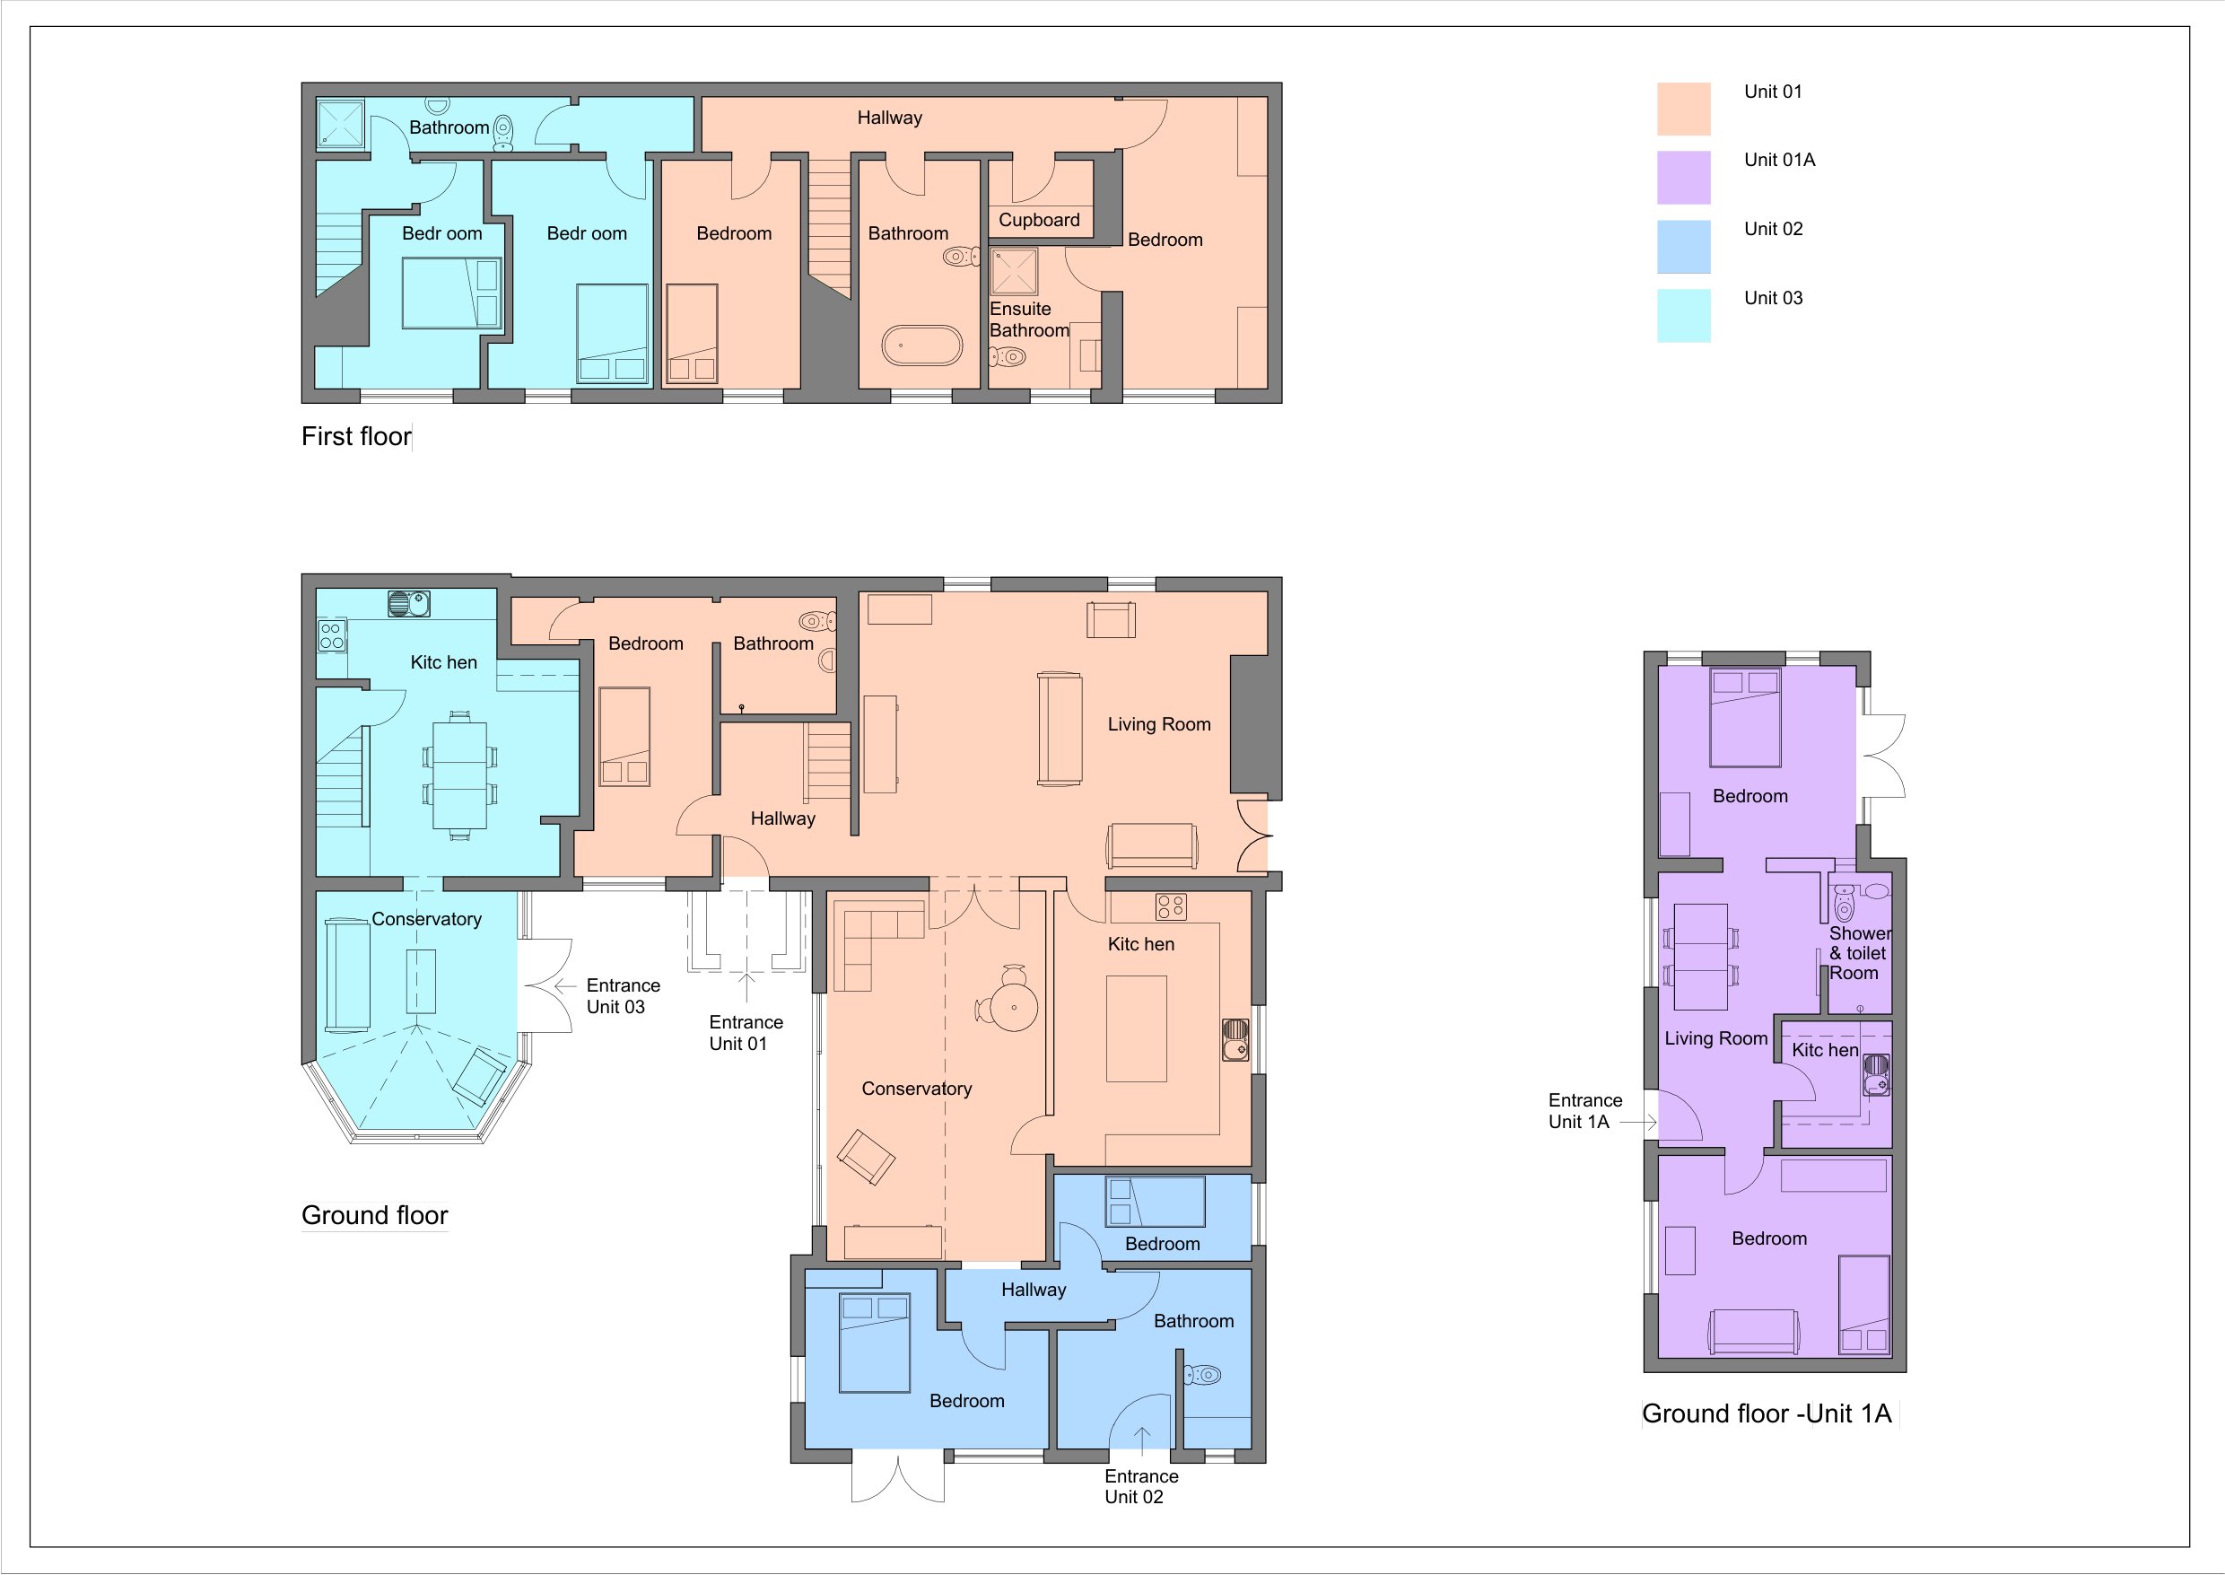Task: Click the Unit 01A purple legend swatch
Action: point(1683,178)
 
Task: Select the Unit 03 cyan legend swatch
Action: point(1683,315)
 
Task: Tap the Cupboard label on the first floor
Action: point(1039,220)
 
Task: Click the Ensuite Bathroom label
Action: point(1029,319)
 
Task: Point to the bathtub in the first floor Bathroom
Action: point(922,346)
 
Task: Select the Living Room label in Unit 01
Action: point(1158,724)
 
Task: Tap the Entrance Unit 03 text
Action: point(623,996)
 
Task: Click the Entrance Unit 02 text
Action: point(1141,1486)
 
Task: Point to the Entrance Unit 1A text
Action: point(1584,1110)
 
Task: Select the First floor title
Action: point(356,436)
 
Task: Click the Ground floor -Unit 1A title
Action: point(1767,1414)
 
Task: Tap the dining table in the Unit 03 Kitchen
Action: point(459,774)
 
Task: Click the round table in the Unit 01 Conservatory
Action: point(1014,1008)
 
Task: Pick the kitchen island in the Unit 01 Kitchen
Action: point(1136,1028)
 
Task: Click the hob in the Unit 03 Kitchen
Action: point(332,636)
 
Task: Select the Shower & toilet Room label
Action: point(1860,953)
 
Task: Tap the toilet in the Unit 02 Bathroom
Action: point(1202,1374)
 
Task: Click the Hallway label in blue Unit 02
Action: point(1034,1290)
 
